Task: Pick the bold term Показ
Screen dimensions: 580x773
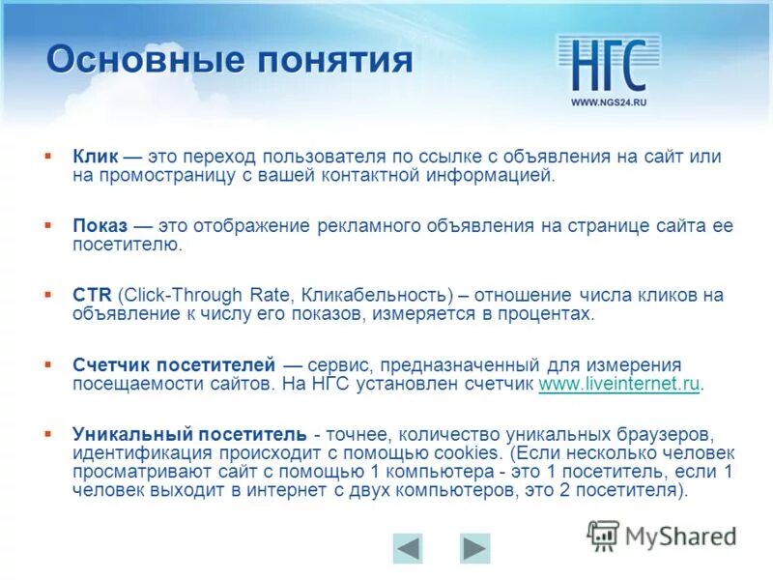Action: [x=100, y=225]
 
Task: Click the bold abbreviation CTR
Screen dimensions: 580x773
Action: [x=90, y=296]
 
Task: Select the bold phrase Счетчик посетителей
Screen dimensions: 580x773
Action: [x=175, y=365]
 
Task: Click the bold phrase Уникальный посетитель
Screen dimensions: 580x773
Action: [x=190, y=433]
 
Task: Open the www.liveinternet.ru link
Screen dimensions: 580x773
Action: [x=618, y=384]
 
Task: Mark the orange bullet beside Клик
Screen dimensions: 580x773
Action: [x=47, y=155]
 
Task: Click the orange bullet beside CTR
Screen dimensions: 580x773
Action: [x=47, y=294]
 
